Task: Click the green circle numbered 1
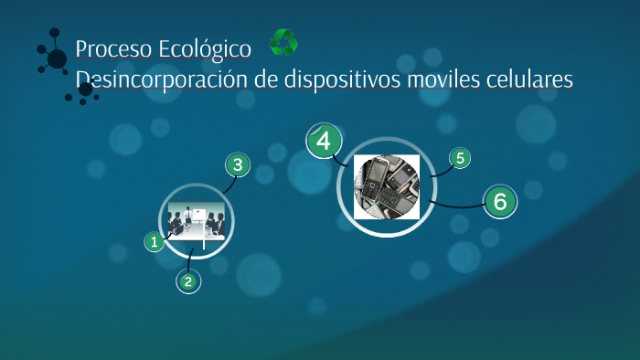[155, 242]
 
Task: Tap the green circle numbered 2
[187, 281]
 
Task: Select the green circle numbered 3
[238, 165]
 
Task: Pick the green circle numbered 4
[323, 142]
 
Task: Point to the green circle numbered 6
[499, 201]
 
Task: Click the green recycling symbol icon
[283, 42]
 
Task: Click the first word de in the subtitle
[265, 79]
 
